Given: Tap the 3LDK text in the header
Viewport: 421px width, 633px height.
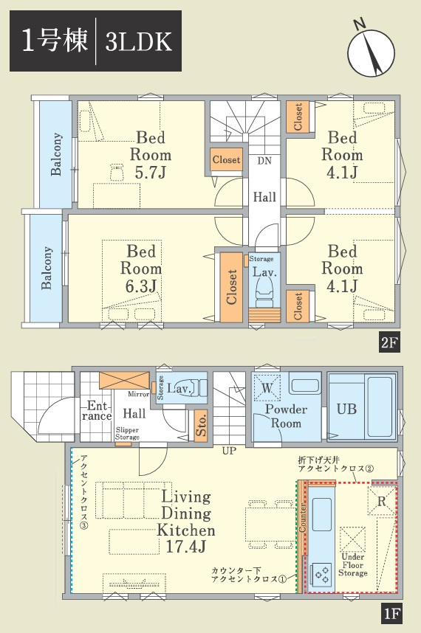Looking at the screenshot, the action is pos(138,41).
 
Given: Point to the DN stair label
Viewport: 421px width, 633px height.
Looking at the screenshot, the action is pos(264,161).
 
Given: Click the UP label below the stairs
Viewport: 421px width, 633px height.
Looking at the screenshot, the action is pos(229,451).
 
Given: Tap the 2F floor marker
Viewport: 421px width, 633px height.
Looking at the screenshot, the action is pos(389,343).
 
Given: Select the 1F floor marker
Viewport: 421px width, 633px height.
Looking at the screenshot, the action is pos(391,614).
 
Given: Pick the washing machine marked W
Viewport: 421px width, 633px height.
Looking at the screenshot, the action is pos(266,388).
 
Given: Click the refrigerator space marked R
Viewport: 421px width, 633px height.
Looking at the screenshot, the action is pos(381,501).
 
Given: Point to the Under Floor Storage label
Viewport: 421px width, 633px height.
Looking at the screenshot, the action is pos(353,565).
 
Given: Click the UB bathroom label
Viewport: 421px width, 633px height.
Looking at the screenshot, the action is pos(346,409).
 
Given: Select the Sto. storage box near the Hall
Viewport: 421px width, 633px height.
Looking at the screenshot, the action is pos(201,426).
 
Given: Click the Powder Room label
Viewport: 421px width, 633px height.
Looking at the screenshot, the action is pos(286,416).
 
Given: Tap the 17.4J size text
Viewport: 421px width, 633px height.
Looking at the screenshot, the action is pos(186,546).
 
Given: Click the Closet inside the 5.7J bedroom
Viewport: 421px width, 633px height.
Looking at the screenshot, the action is pos(226,160).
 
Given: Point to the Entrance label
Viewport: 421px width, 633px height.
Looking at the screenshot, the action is pos(97,411).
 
